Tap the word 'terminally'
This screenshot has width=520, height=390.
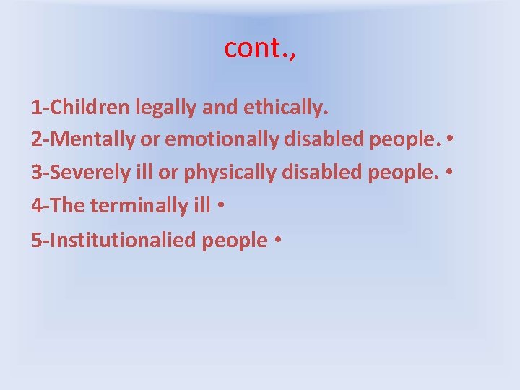click(138, 206)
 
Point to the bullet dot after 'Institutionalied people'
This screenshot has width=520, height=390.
click(277, 240)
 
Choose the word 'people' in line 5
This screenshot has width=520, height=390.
click(235, 239)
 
